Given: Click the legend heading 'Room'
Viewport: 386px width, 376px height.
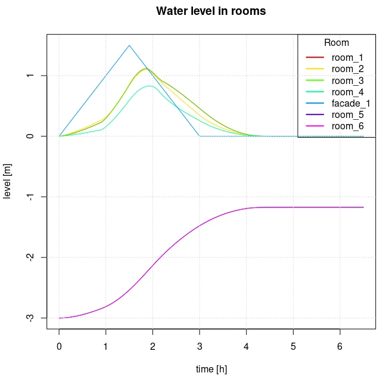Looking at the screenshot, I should click(337, 43).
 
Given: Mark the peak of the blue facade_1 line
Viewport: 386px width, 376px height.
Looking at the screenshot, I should click(129, 45).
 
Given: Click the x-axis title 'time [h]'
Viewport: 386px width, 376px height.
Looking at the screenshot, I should click(211, 369).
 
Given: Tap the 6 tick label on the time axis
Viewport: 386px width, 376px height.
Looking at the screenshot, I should click(340, 347).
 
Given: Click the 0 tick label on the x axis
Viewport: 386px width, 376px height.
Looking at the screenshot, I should click(59, 347).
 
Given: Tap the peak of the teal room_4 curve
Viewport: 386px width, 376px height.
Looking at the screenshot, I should click(150, 86).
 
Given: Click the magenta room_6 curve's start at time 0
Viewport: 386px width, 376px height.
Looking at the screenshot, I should click(60, 318).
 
